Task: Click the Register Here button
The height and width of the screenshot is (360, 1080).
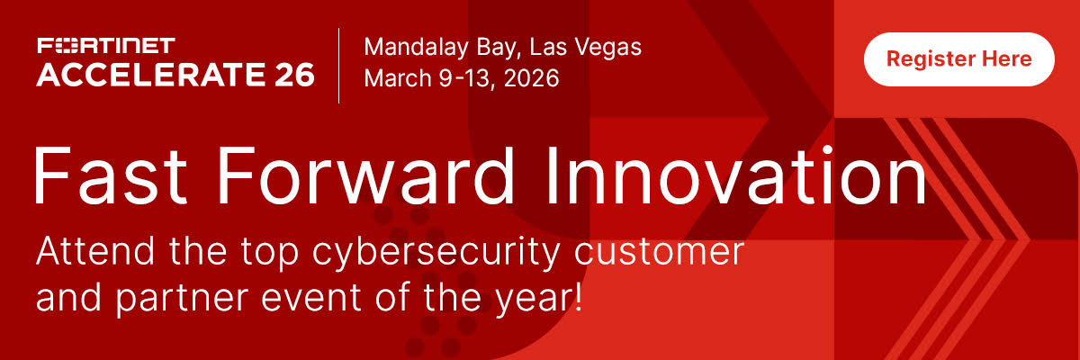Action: click(959, 59)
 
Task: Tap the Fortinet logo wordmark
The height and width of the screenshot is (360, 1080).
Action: click(106, 46)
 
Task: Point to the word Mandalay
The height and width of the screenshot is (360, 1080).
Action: click(416, 48)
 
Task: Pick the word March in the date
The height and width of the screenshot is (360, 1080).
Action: click(398, 77)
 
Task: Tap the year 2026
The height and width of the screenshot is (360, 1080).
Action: click(531, 78)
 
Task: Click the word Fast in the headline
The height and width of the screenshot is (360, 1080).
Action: click(110, 175)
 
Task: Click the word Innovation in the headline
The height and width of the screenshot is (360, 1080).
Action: click(737, 175)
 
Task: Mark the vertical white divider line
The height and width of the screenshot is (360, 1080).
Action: click(339, 66)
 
